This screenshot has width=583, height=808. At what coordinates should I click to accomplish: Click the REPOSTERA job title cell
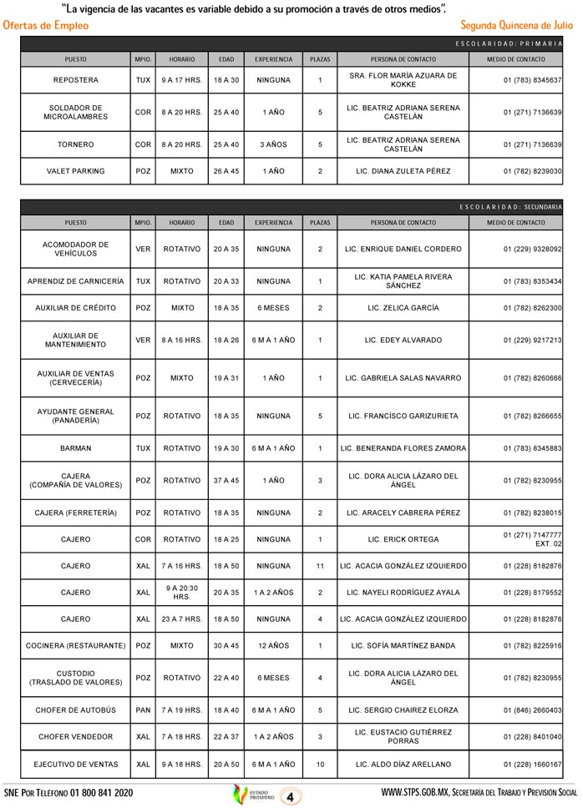coord(75,80)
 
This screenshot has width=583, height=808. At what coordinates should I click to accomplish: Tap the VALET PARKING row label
coord(75,171)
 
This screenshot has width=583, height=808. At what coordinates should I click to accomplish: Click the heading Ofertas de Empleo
coord(46,26)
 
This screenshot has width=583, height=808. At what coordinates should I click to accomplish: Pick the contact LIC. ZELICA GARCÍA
coord(403,308)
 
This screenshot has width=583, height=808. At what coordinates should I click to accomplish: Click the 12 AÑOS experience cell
coord(273,645)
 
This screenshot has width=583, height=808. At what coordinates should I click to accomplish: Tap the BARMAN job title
coord(75,448)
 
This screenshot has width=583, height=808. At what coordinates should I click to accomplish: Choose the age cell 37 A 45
coord(226,481)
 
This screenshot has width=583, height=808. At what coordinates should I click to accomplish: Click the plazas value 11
coord(320,566)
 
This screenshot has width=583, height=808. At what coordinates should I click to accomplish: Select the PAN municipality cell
coord(143,710)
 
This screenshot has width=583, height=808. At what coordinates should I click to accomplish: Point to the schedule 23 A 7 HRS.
coord(182,619)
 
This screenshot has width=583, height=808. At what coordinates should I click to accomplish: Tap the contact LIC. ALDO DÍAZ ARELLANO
coord(403,765)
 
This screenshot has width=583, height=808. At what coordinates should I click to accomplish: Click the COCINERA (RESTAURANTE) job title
coord(75,645)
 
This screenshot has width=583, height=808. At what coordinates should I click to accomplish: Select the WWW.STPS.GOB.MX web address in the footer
coord(417,792)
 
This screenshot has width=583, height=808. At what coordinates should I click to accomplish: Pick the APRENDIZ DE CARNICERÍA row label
coord(75,281)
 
